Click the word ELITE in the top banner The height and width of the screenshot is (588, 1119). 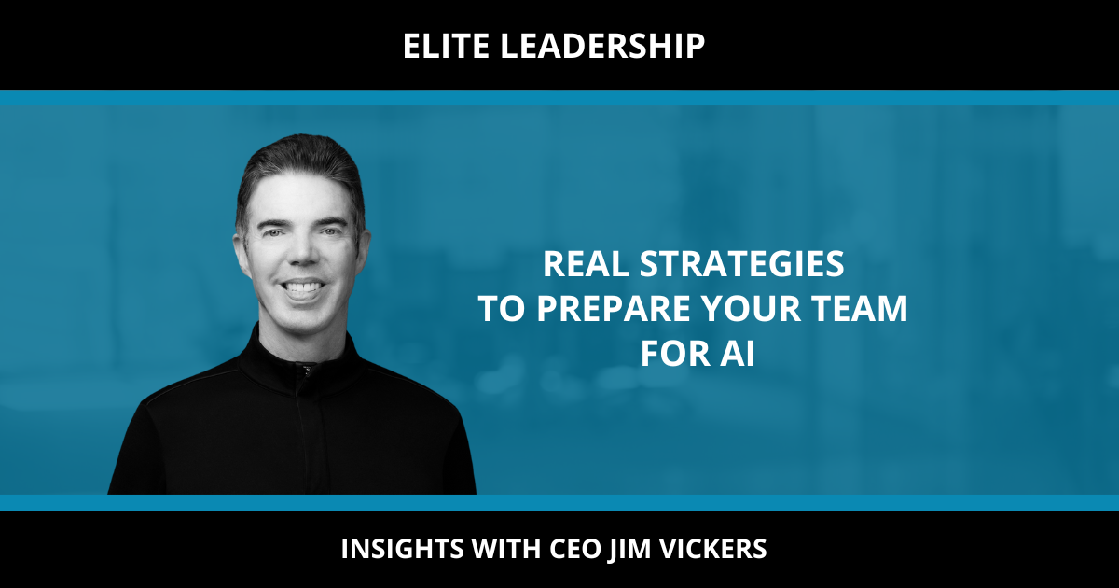[x=446, y=46]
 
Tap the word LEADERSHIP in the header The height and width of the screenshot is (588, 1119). [x=602, y=46]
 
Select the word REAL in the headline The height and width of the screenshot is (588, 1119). [x=586, y=264]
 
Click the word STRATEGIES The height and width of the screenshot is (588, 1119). [x=742, y=264]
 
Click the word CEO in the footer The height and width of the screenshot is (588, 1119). [x=575, y=549]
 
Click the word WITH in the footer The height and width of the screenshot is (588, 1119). [x=506, y=549]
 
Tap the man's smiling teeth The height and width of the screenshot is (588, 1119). [x=301, y=288]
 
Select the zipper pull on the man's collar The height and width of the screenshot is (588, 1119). [x=306, y=370]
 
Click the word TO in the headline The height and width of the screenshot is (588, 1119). [x=502, y=309]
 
